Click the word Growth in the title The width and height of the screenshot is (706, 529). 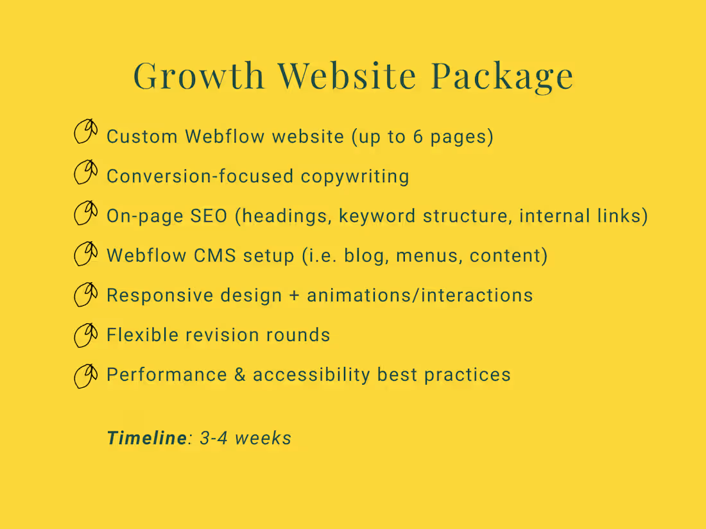[199, 76]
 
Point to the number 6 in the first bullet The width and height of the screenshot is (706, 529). [418, 137]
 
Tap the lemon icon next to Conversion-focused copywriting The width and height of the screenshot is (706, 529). [85, 172]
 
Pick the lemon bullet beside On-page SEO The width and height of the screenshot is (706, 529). [85, 212]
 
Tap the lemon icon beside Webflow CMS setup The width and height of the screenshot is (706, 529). [85, 253]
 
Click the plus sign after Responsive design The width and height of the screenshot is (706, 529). [295, 296]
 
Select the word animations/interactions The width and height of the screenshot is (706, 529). [420, 296]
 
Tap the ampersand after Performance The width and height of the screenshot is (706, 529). [240, 375]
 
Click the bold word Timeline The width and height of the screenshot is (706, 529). [146, 438]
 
